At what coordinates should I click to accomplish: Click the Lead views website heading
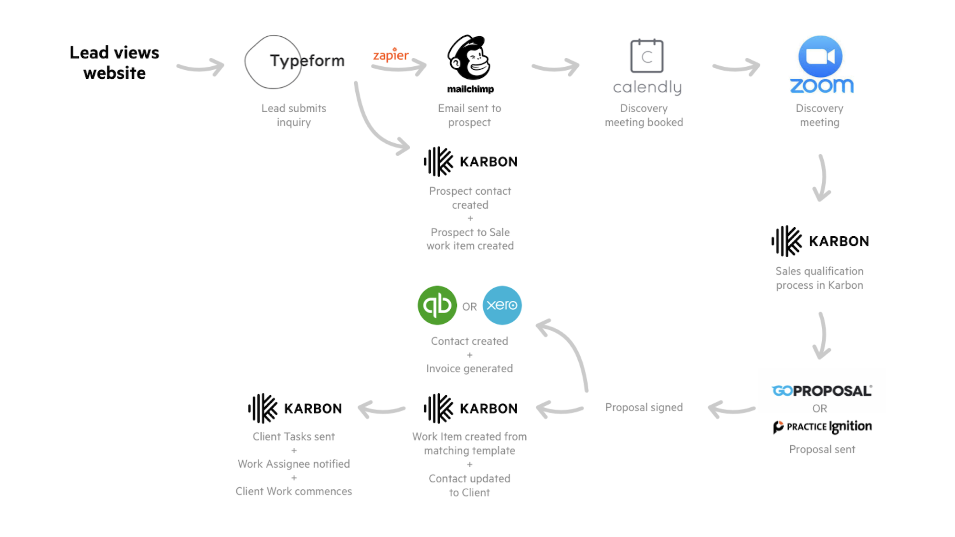(x=114, y=63)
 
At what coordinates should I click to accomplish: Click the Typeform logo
(x=295, y=62)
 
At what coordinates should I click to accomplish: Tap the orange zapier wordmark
(x=391, y=55)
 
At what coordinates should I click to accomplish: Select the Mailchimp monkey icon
(x=469, y=58)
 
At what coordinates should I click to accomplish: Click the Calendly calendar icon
(x=647, y=56)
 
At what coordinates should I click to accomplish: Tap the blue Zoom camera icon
(x=820, y=56)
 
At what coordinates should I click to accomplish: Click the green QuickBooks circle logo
(x=437, y=305)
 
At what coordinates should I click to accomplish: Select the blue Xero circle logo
(x=502, y=305)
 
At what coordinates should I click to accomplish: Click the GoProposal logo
(x=822, y=391)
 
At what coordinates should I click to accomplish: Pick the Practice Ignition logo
(x=822, y=426)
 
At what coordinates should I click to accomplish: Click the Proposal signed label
(x=644, y=407)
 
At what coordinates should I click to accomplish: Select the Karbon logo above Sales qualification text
(x=820, y=241)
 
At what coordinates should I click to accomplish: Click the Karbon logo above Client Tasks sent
(x=295, y=409)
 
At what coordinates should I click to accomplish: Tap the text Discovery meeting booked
(x=644, y=115)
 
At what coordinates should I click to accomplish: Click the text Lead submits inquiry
(x=294, y=115)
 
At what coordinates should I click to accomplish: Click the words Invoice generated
(x=469, y=369)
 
